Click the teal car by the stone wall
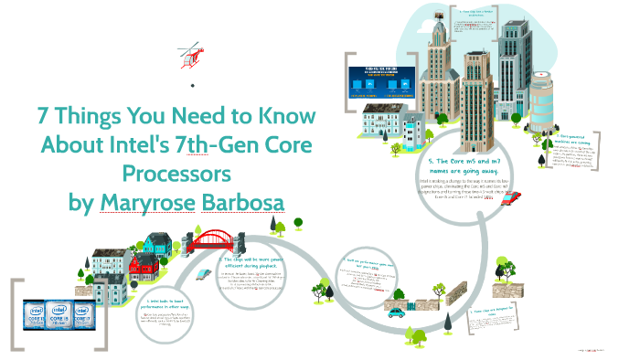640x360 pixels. [x=397, y=313]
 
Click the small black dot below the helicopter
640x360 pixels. [x=193, y=85]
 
